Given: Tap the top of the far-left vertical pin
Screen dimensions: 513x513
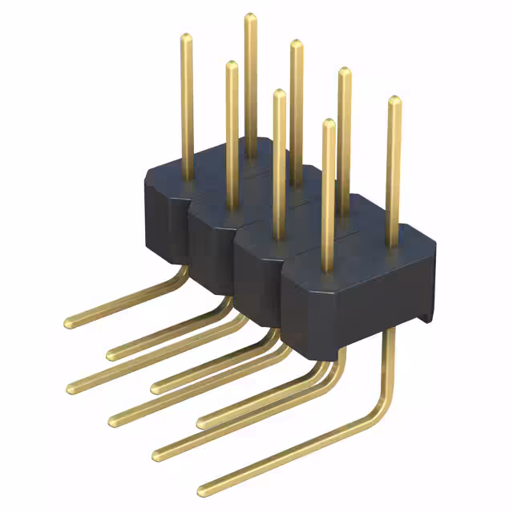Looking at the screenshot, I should (186, 37).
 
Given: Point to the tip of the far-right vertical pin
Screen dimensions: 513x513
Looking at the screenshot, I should (394, 100).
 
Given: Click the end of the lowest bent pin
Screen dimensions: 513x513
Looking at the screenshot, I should (202, 486).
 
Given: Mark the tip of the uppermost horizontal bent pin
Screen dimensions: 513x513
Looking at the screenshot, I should (68, 322).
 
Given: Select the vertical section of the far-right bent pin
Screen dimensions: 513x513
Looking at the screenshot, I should (389, 361).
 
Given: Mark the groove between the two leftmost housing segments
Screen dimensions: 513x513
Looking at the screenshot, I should (188, 232).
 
